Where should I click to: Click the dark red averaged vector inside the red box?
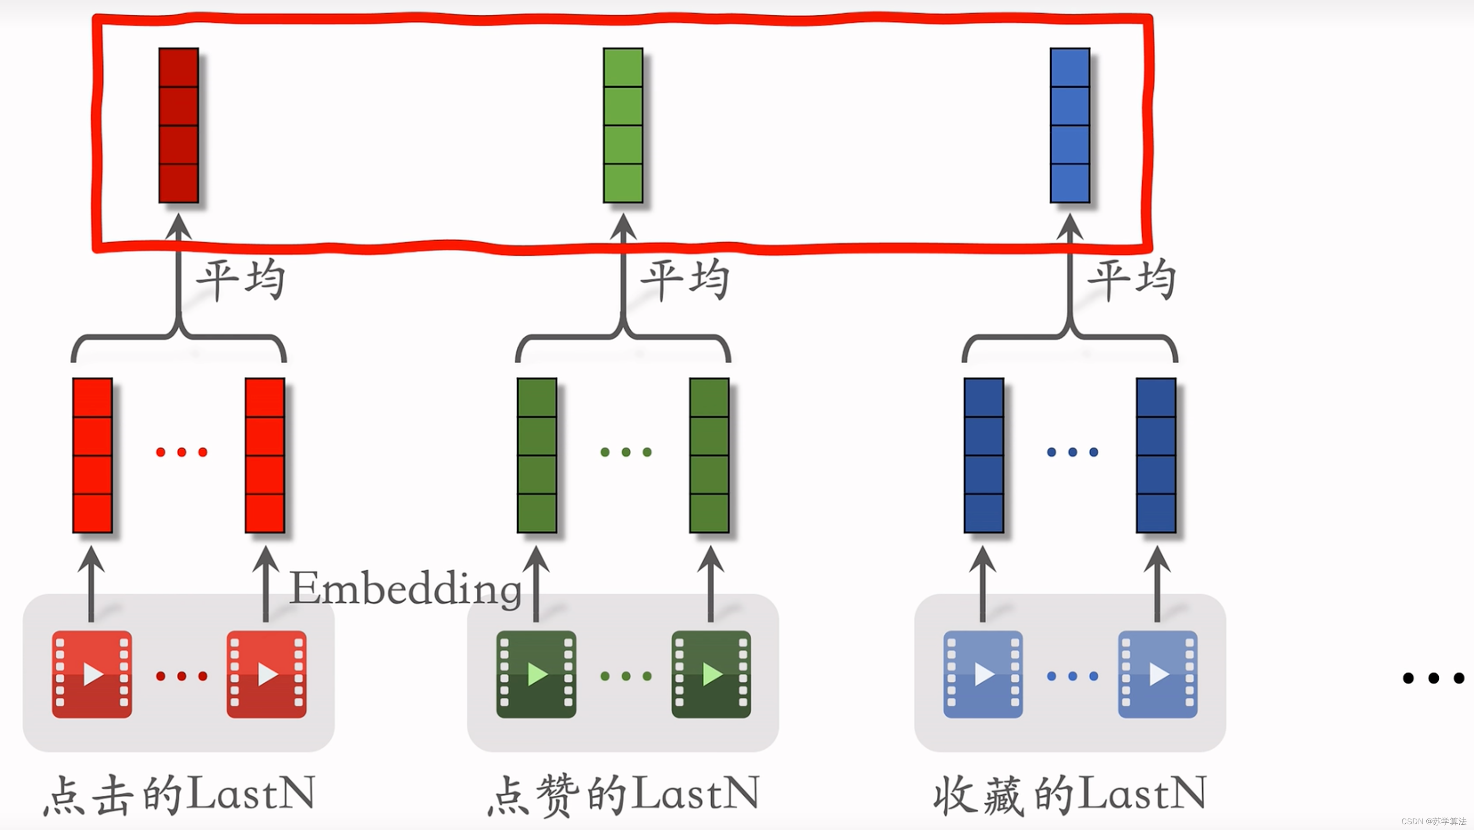[178, 125]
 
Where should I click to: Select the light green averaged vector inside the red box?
[623, 125]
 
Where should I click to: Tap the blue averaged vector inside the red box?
[1069, 125]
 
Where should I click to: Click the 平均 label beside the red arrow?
[240, 280]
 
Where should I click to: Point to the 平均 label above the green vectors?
[685, 280]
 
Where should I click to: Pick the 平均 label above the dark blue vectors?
[1131, 280]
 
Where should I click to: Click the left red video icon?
[92, 674]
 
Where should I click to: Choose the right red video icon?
[266, 674]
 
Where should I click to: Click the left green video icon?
[536, 674]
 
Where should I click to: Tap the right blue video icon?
[1157, 674]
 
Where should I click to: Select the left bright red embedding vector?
[92, 455]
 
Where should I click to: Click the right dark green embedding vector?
[709, 455]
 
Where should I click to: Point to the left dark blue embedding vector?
[983, 455]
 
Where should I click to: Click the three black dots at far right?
[1433, 678]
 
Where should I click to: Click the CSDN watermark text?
[1433, 821]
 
